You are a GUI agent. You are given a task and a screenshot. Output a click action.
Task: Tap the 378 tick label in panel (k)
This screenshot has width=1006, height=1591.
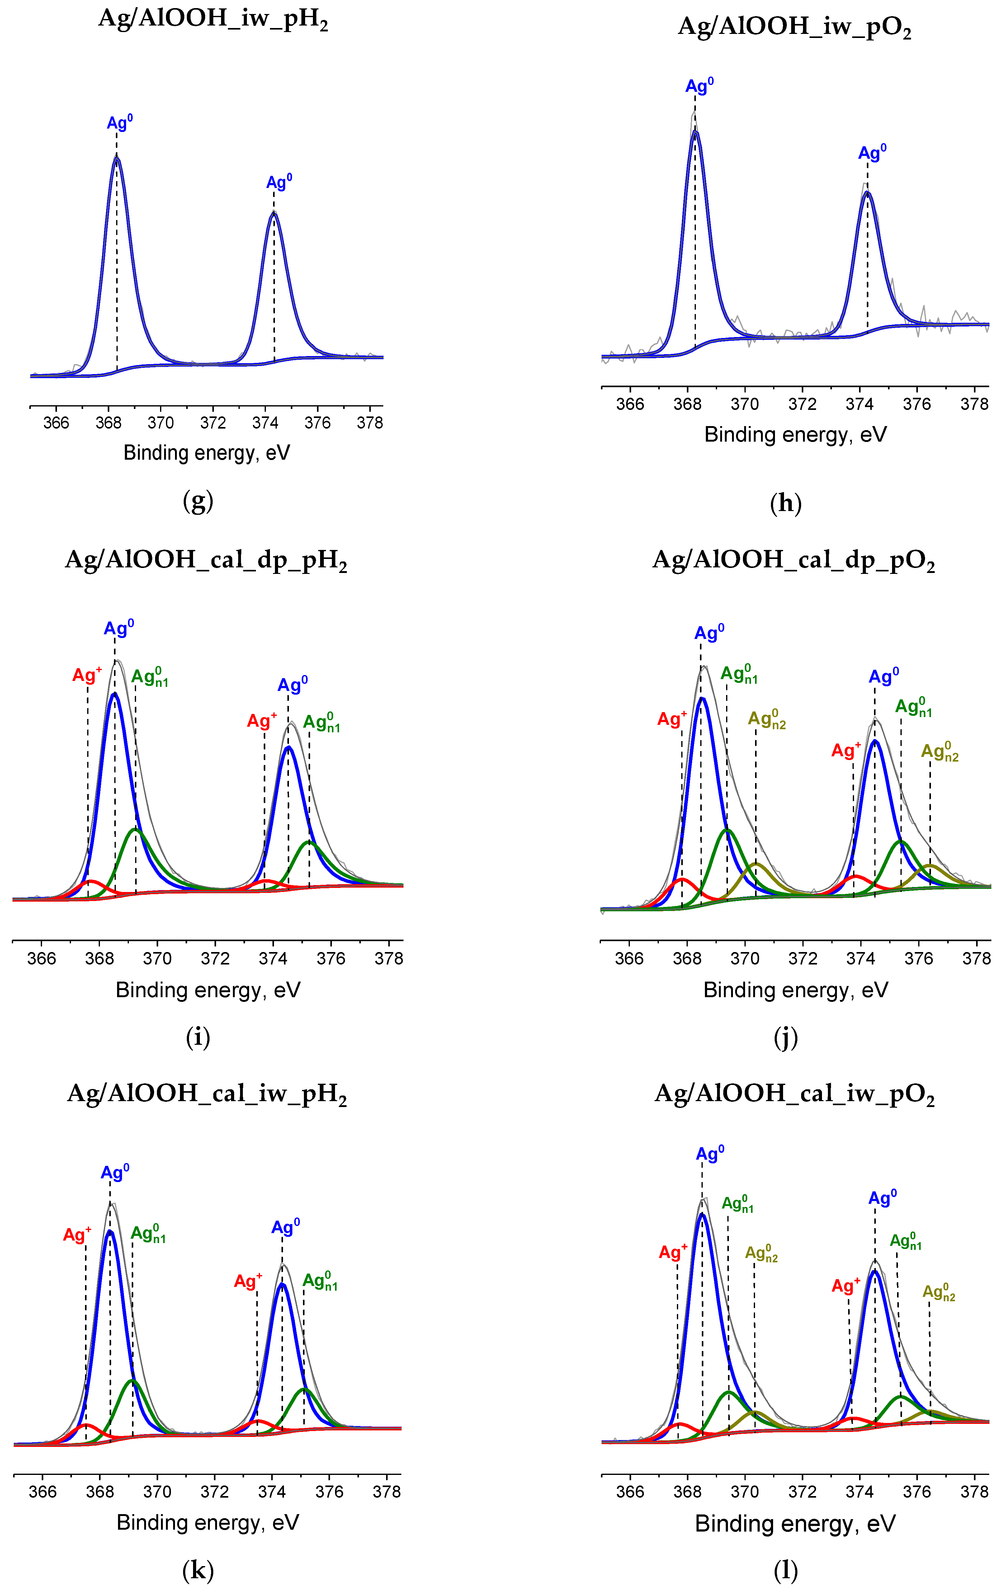pyautogui.click(x=387, y=1491)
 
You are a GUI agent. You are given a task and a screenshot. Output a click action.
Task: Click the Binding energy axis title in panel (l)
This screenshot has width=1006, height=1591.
pyautogui.click(x=795, y=1523)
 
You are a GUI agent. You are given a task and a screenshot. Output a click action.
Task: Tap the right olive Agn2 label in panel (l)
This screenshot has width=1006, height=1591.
pyautogui.click(x=938, y=1292)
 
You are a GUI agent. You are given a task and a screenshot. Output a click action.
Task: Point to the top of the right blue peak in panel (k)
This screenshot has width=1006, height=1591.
pyautogui.click(x=282, y=1284)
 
